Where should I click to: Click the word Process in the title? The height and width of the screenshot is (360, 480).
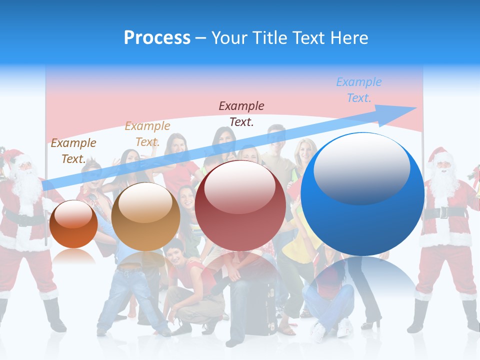point(157,38)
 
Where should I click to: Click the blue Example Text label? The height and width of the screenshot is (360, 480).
point(358,90)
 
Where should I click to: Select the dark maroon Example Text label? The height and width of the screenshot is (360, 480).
point(241,113)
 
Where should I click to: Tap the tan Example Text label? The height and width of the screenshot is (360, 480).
point(147,134)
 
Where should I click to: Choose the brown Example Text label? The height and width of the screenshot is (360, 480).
point(73,151)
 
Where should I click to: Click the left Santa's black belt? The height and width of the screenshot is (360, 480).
point(22,219)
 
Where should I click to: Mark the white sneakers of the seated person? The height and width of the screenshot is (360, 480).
point(330,330)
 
